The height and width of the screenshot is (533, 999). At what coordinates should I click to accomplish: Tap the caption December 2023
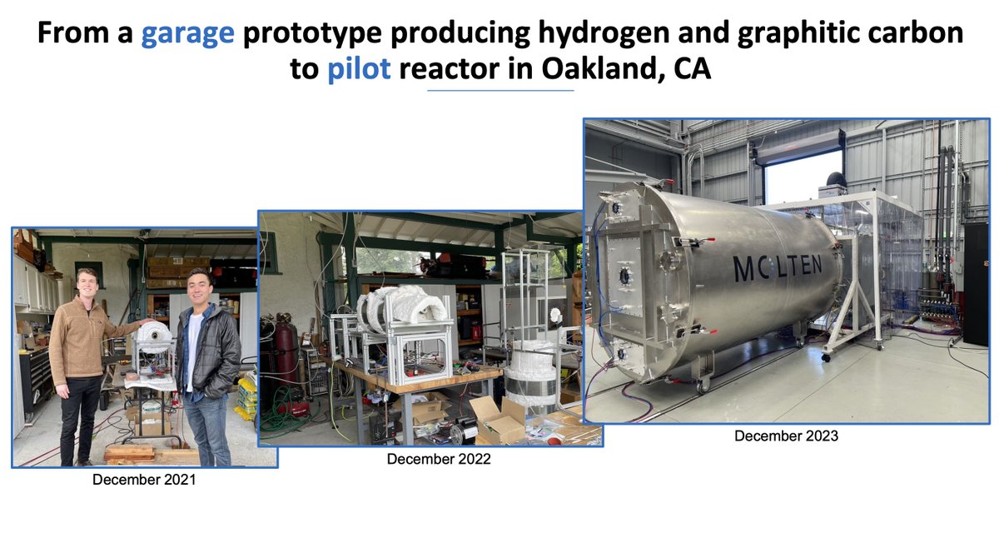(786, 436)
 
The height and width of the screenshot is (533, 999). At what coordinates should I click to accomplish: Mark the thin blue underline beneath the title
(499, 90)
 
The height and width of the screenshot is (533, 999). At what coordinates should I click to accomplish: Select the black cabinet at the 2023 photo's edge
(975, 283)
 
